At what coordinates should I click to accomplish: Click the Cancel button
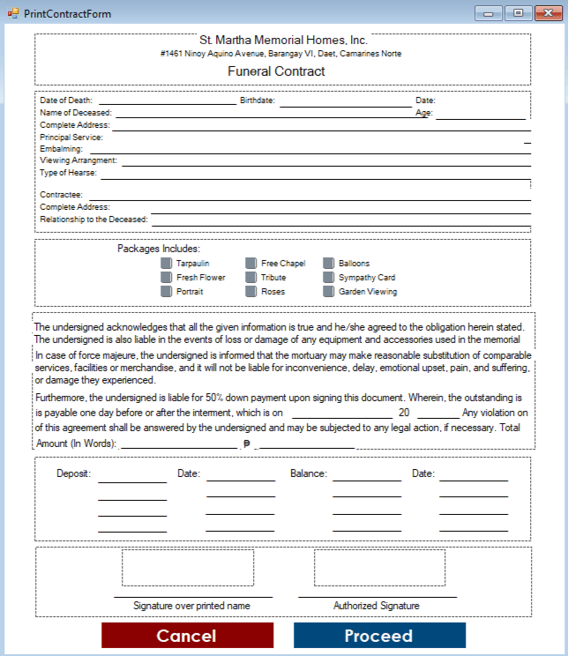point(186,636)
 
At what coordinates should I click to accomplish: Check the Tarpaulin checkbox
point(167,264)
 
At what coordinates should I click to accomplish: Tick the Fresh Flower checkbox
point(167,278)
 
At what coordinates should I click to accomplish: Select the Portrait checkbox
point(167,292)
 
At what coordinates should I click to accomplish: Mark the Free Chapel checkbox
point(251,264)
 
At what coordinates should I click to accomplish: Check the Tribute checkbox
point(251,278)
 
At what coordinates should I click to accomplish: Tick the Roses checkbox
point(251,292)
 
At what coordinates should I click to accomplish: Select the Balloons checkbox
point(329,264)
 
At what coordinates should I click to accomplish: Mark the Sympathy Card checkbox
point(329,278)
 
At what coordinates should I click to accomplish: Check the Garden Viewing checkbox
point(329,292)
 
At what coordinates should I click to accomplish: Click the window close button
point(543,12)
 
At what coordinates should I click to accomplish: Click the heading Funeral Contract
point(276,71)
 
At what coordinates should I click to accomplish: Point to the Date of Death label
point(66,101)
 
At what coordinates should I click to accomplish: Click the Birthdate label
point(258,101)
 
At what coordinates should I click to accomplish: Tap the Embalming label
point(61,150)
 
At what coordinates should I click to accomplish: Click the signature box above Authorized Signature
point(379,568)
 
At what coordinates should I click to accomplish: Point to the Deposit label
point(74,473)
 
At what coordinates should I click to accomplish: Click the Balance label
point(309,473)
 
